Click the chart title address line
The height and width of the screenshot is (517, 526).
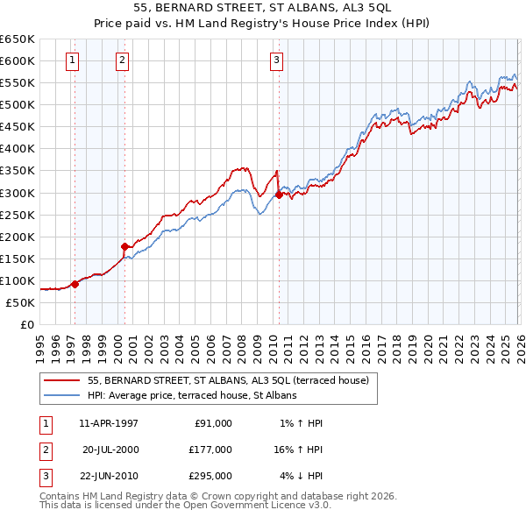point(263,6)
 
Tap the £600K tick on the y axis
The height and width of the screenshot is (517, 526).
point(18,60)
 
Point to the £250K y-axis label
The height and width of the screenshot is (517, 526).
point(18,215)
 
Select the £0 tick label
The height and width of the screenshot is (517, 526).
point(27,324)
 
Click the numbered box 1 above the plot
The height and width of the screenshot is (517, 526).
point(71,60)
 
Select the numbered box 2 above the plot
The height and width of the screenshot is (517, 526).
point(121,60)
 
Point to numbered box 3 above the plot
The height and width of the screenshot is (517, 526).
point(276,60)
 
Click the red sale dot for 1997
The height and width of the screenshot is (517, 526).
point(75,284)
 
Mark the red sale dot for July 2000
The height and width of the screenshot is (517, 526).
point(124,246)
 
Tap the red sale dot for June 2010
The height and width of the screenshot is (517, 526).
point(279,195)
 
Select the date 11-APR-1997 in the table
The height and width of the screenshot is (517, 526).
point(109,423)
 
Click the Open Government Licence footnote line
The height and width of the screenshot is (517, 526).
point(185,505)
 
